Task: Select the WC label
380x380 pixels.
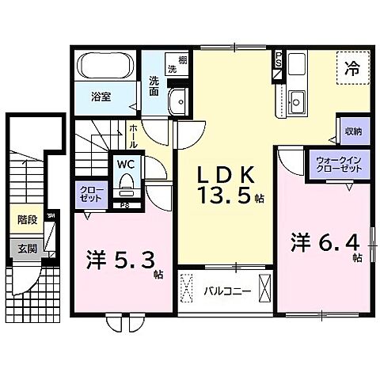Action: pyautogui.click(x=125, y=163)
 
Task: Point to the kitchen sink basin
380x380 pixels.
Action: pyautogui.click(x=298, y=101)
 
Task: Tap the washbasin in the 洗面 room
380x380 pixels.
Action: pyautogui.click(x=180, y=102)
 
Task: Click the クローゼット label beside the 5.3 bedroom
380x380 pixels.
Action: pyautogui.click(x=86, y=196)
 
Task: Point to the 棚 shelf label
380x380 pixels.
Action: pyautogui.click(x=183, y=61)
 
